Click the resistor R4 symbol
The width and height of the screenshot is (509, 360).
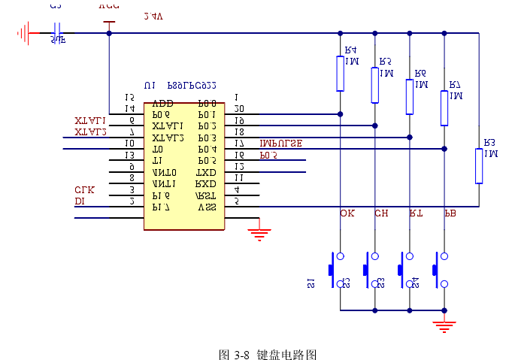pos(341,73)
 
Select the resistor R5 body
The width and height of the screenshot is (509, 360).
pos(374,84)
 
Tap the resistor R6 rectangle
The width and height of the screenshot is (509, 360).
pos(410,96)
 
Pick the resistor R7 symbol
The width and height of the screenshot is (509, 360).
pos(444,107)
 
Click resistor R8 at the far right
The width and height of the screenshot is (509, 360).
pos(478,165)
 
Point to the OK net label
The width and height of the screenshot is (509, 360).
pos(347,213)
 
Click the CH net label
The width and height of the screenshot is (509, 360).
pos(381,213)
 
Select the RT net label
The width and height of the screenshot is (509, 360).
pos(415,213)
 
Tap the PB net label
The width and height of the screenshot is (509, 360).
pos(450,213)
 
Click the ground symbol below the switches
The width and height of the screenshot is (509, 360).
pos(444,325)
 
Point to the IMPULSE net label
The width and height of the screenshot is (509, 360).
pos(280,143)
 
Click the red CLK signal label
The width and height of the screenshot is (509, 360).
pos(84,189)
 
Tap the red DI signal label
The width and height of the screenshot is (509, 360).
pos(79,201)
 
